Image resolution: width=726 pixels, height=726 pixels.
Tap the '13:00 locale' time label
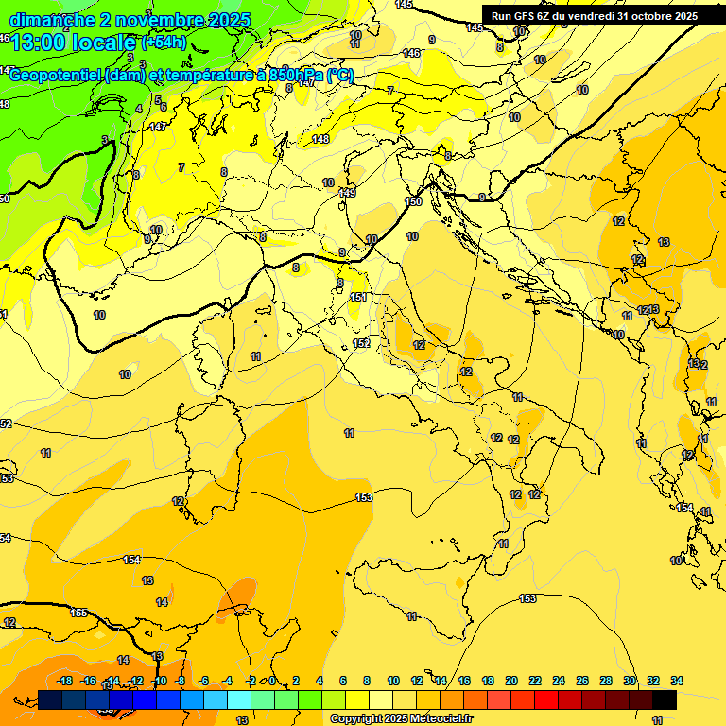[x=74, y=43]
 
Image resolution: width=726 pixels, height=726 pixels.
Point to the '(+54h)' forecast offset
[x=164, y=43]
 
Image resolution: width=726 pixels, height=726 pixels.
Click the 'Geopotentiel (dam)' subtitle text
[x=75, y=77]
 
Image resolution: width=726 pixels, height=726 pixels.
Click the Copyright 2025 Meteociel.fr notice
[x=401, y=719]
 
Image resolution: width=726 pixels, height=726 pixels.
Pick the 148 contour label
[x=320, y=139]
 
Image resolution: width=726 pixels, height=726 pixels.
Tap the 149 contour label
[x=348, y=193]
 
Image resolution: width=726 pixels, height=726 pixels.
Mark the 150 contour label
[x=413, y=201]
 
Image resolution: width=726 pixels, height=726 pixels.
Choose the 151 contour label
[x=357, y=298]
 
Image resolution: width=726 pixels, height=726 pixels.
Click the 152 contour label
[x=361, y=343]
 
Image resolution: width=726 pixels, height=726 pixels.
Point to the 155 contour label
[x=79, y=614]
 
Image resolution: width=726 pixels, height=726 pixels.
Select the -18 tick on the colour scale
[x=64, y=681]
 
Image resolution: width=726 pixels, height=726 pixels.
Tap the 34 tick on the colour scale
[x=677, y=681]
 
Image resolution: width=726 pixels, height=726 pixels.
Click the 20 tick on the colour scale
[x=511, y=681]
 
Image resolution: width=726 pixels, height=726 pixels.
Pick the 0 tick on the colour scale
[x=272, y=681]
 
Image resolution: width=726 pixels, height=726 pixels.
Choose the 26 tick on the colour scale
[x=582, y=681]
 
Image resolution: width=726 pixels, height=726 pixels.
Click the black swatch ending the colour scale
[x=665, y=700]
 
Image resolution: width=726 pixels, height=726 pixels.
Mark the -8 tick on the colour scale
[x=180, y=681]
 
